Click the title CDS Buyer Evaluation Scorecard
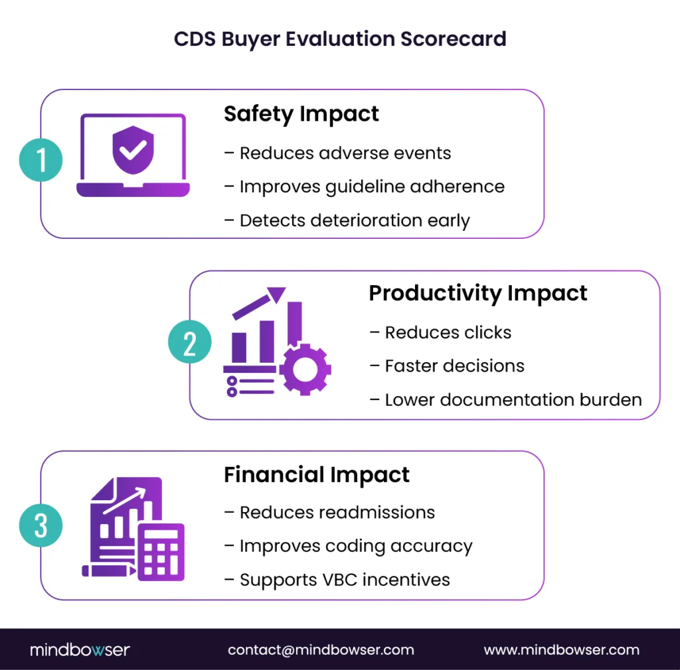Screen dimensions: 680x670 point(340,38)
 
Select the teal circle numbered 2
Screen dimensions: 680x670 point(190,344)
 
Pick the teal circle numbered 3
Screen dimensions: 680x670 point(41,526)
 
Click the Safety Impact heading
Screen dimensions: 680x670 point(301,114)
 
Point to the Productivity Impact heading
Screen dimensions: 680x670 point(478,293)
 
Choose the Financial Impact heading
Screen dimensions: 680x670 point(317,475)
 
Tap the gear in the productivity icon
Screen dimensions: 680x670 point(305,369)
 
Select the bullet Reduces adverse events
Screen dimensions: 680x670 point(338,153)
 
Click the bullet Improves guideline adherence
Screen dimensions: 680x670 point(365,187)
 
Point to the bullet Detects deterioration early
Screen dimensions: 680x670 point(347,221)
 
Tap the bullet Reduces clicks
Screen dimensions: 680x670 point(441,332)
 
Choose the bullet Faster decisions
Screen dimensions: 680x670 point(448,366)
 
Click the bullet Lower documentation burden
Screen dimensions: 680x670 point(506,400)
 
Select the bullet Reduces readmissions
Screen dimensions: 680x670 point(330,513)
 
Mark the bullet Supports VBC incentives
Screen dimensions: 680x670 point(337,580)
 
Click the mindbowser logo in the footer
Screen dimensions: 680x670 point(80,650)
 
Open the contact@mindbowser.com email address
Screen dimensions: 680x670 point(321,650)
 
